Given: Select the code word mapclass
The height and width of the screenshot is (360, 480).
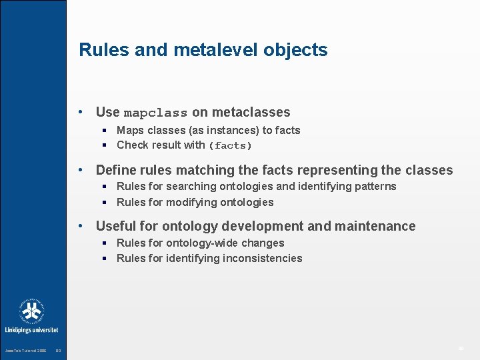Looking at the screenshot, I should click(155, 113).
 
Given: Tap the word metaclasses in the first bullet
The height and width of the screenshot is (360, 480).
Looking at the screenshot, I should click(251, 112).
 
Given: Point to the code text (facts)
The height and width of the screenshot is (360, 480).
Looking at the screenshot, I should click(231, 145).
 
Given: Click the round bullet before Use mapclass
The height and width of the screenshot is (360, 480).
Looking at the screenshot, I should click(80, 112).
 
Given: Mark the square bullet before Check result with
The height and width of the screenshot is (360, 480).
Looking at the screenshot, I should click(105, 145).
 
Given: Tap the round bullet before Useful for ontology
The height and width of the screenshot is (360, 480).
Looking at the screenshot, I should click(80, 226).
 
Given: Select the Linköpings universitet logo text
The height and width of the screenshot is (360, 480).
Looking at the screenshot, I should click(31, 329).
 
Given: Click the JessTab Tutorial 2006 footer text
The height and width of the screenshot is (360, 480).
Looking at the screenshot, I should click(25, 351).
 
